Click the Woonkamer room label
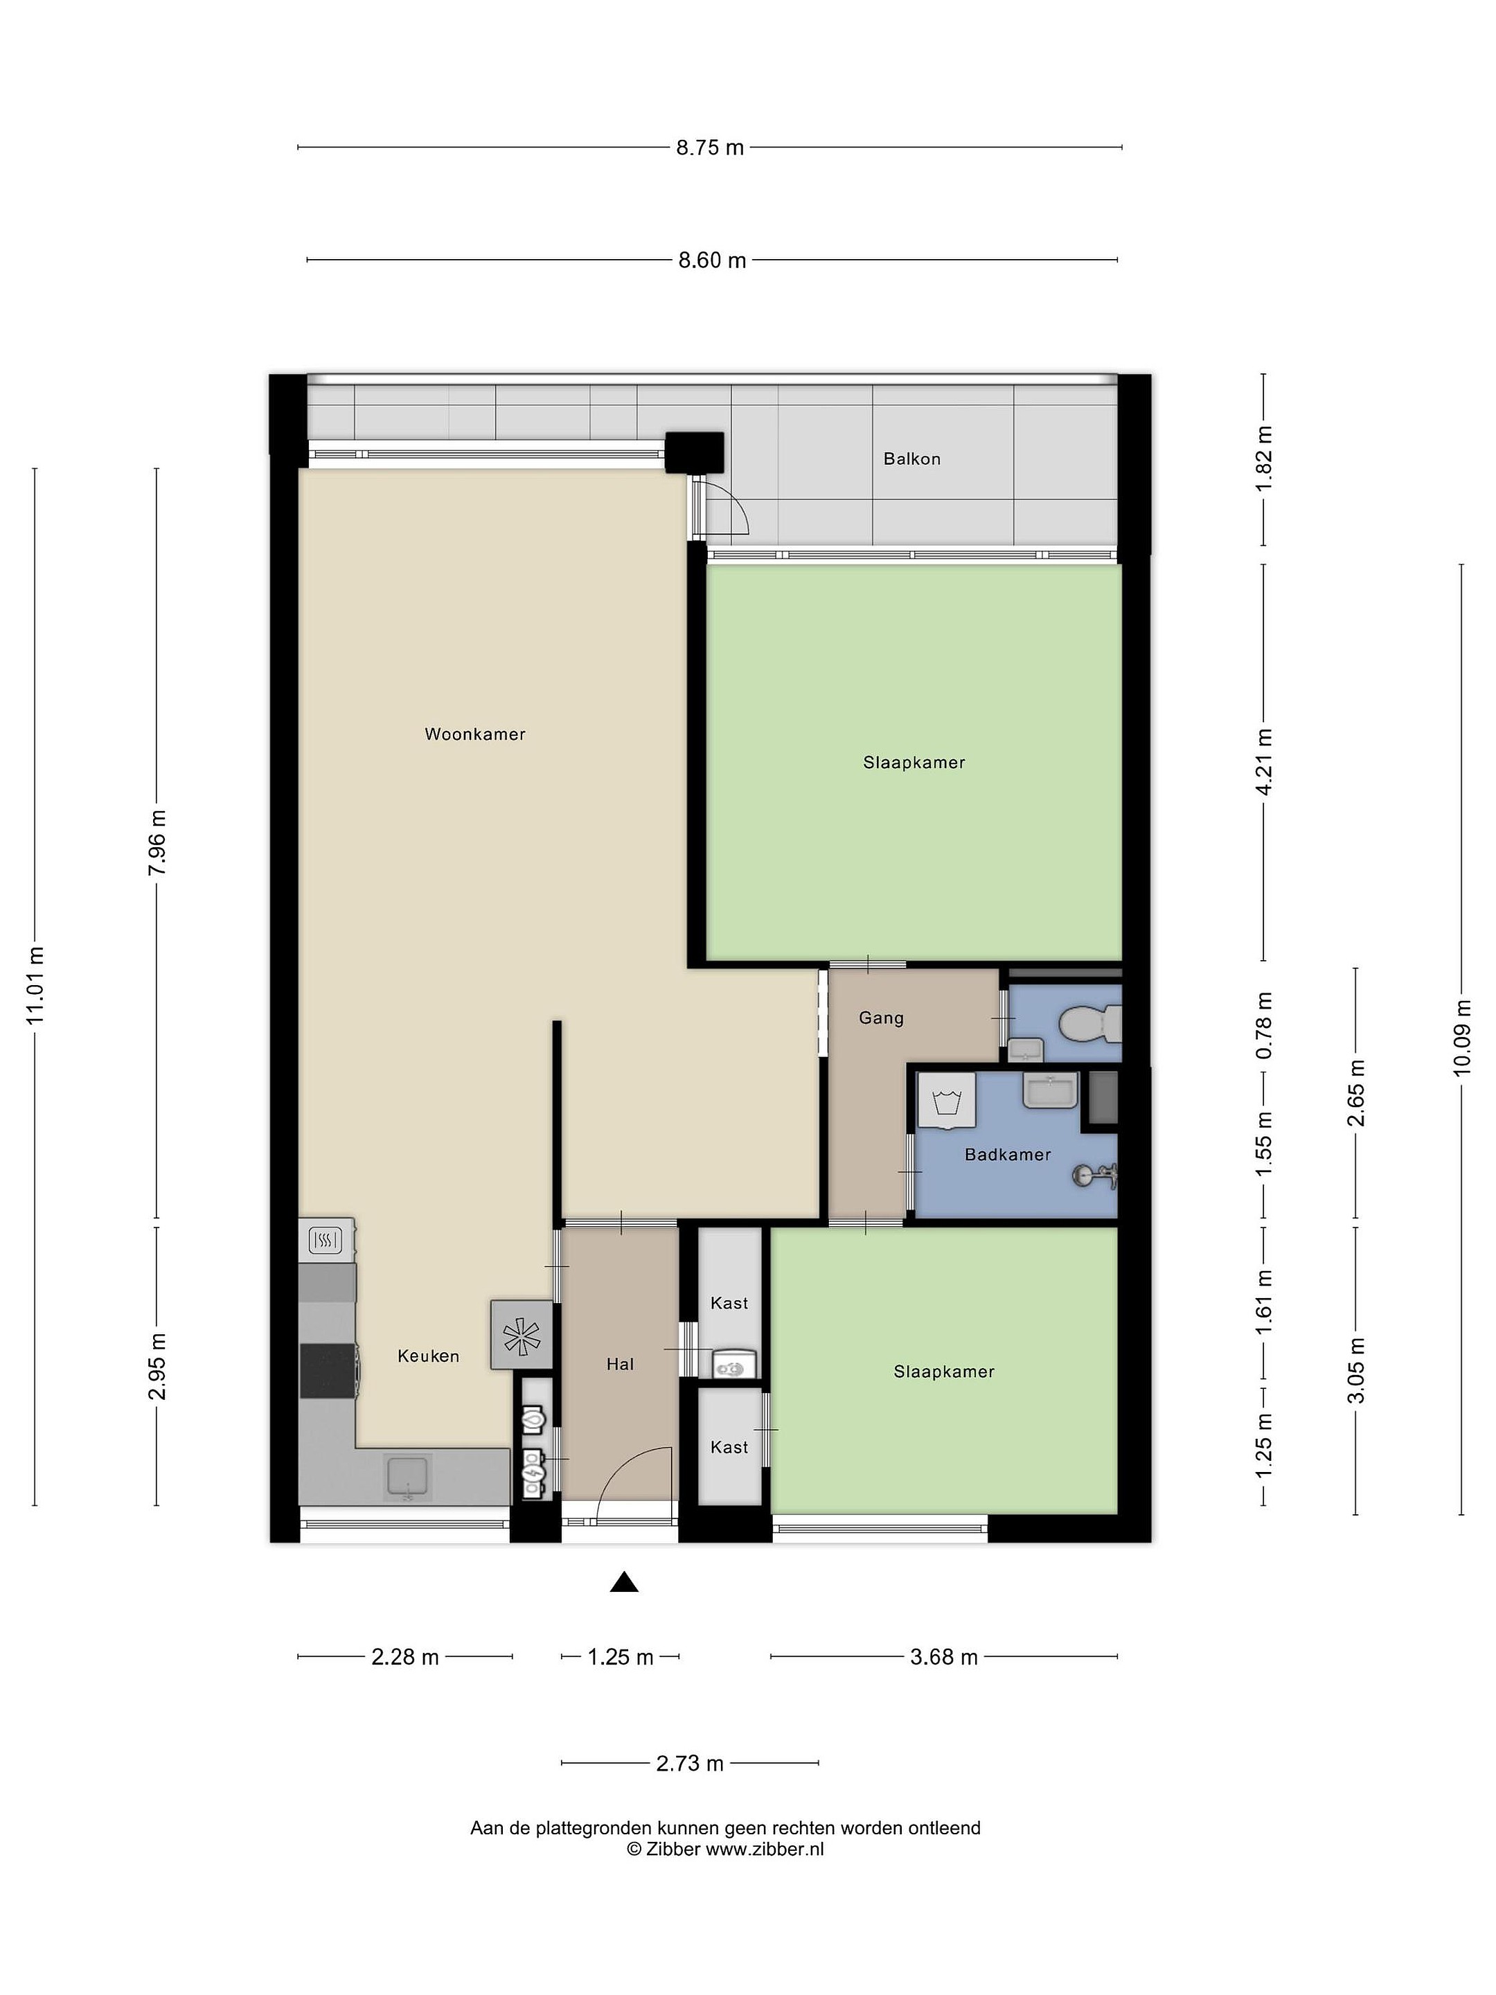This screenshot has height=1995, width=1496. [474, 734]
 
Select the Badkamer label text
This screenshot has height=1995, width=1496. [1007, 1155]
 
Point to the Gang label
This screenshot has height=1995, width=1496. [880, 1018]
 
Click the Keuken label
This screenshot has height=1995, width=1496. [428, 1356]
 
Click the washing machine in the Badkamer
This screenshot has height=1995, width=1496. [947, 1100]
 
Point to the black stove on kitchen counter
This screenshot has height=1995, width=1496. [328, 1371]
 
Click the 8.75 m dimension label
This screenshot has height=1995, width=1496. [711, 147]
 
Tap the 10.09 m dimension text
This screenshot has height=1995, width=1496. [1462, 1037]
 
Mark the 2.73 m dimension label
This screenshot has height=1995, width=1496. [690, 1763]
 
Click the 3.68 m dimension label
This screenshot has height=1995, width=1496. [943, 1657]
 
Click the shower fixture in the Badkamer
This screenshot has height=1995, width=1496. [1096, 1174]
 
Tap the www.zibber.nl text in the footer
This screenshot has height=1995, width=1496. [765, 1850]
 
